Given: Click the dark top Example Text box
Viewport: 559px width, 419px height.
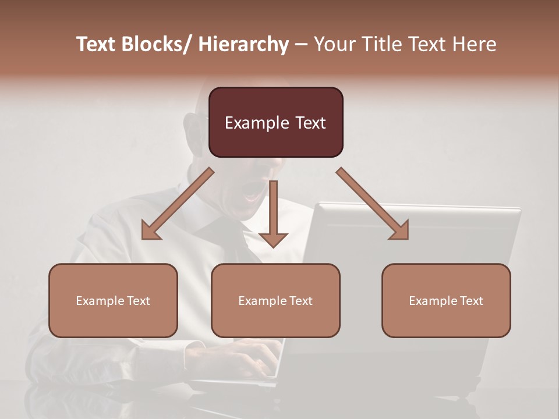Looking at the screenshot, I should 275,122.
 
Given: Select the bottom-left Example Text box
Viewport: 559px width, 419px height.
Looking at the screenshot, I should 113,300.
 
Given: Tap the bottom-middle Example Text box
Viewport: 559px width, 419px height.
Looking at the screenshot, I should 275,300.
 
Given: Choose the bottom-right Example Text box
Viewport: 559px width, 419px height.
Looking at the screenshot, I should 446,300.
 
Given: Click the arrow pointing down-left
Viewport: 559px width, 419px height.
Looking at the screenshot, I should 178,204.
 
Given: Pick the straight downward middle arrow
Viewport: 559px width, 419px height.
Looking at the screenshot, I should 273,212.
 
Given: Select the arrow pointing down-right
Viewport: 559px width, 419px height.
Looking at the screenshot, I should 373,204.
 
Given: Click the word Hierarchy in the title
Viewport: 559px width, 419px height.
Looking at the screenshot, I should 243,44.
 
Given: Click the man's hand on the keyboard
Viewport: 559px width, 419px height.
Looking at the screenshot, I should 256,355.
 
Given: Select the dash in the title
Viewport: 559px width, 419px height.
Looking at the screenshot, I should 301,44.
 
